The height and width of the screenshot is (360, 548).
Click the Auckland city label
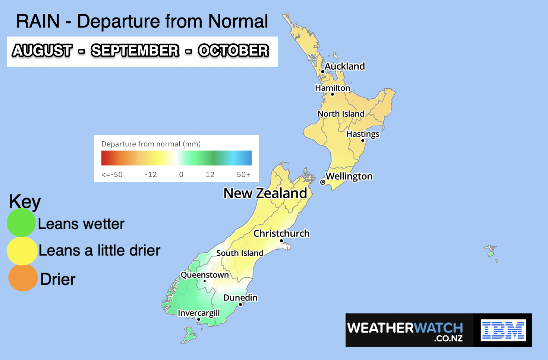344,66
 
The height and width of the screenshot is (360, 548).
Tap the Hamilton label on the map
333,88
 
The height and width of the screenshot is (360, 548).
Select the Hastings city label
363,134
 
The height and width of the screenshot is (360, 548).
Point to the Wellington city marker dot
323,182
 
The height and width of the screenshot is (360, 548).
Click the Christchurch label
281,233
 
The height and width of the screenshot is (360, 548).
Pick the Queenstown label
205,275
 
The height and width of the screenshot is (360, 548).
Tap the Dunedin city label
240,297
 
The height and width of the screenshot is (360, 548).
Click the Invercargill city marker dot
199,319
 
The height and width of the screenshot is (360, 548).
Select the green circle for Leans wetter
21,222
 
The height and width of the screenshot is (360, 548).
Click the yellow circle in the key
22,251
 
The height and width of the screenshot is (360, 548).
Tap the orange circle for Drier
23,278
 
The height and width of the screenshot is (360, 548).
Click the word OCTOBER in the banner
233,51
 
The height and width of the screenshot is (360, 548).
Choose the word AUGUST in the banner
42,51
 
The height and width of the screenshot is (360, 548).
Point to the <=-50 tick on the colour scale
112,174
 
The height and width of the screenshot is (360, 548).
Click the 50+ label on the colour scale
243,174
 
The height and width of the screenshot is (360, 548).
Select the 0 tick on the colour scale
181,174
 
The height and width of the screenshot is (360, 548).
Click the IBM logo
503,330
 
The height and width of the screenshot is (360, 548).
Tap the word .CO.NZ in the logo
448,339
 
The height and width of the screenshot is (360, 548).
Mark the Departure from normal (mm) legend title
151,144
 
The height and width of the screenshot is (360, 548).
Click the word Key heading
25,202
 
